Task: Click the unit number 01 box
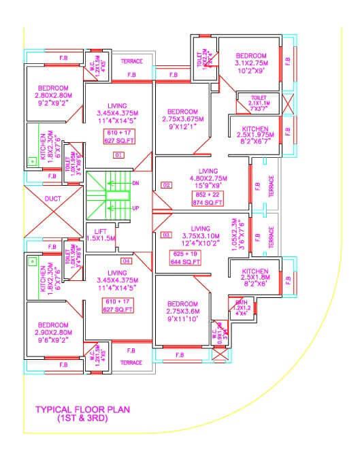coord(118,156)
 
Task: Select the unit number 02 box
coord(165,185)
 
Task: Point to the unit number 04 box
coord(125,261)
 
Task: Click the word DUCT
coord(53,199)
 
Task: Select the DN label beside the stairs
coord(135,184)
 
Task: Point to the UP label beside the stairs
coord(135,207)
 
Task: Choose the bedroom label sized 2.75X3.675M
coord(182,112)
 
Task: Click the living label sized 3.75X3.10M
coord(201,229)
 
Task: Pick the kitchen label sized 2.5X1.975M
coord(255,129)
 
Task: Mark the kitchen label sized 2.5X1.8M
coord(255,272)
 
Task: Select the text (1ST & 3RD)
coord(82,420)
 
